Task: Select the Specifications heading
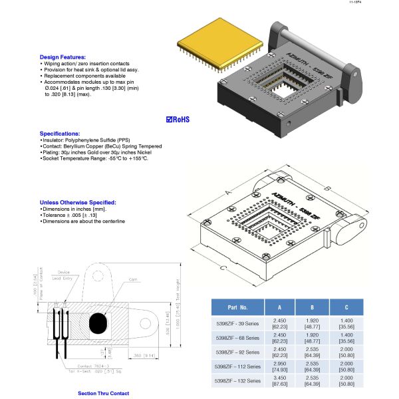[x=60, y=134]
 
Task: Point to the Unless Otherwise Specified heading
[x=78, y=202]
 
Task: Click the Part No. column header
[x=237, y=307]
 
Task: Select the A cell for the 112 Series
[x=279, y=366]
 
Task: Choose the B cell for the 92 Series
[x=313, y=352]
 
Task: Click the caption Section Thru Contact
[x=103, y=393]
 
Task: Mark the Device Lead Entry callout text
[x=63, y=275]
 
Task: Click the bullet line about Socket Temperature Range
[x=94, y=158]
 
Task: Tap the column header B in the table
[x=313, y=307]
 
